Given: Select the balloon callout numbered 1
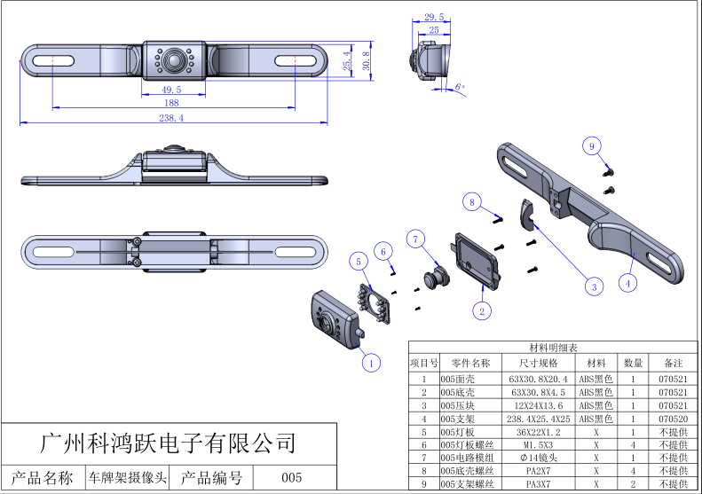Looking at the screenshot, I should pos(372,361).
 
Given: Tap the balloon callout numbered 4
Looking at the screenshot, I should pos(627,284).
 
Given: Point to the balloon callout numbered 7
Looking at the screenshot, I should pos(417,239).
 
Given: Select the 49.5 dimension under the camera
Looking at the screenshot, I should pos(171,90).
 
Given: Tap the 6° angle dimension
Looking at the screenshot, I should pos(459,87).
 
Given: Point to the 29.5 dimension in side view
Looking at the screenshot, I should pos(434,17).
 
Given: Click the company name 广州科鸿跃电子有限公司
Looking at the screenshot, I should pos(169,441).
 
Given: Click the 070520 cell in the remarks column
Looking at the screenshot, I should pos(673,420).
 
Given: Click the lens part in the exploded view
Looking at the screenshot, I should pos(436,275).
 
